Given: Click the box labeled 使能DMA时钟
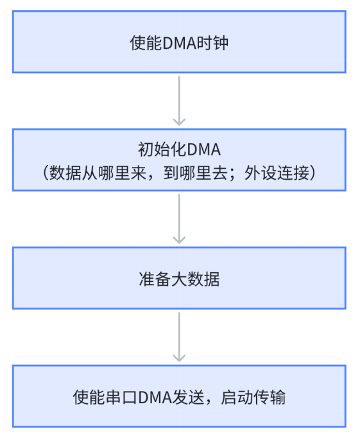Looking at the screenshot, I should tap(179, 44).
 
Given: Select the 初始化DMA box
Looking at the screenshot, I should tap(179, 159).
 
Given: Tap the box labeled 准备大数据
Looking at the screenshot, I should tap(179, 278).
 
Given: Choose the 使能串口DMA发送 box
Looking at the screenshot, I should tap(179, 396).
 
